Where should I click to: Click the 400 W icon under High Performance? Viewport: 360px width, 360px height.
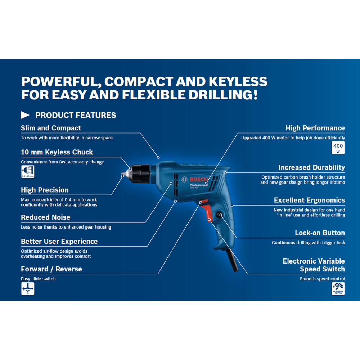click(x=338, y=148)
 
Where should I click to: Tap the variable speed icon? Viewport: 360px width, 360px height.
click(x=338, y=289)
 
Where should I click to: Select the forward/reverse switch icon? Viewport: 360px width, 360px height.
click(x=28, y=289)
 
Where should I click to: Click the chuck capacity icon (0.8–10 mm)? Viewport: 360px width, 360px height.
click(x=28, y=172)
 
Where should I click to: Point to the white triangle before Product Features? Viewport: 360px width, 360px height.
click(x=25, y=115)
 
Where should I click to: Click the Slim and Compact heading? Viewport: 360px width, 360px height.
click(x=51, y=128)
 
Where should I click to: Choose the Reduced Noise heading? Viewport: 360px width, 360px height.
click(x=46, y=217)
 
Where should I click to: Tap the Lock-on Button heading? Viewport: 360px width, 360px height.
click(x=320, y=233)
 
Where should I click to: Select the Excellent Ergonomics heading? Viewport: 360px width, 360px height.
click(x=309, y=200)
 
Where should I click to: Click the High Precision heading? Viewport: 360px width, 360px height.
click(x=45, y=190)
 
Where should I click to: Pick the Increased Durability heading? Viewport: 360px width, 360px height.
click(x=311, y=167)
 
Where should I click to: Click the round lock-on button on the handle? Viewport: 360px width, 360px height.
click(x=219, y=215)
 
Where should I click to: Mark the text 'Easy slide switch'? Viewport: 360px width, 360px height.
click(x=38, y=279)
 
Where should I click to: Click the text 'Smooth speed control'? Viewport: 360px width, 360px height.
click(x=322, y=279)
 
